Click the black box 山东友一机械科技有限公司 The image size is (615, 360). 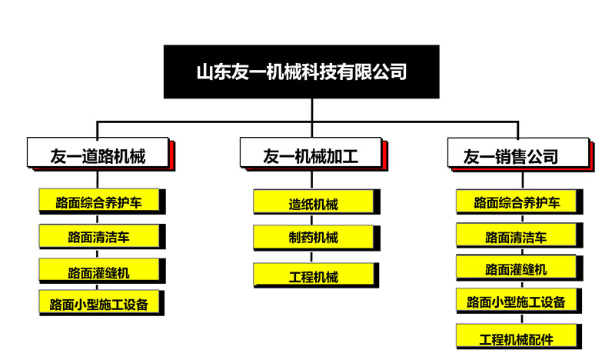301,72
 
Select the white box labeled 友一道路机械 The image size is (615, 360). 98,152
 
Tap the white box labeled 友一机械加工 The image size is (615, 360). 311,152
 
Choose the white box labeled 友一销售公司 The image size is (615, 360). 518,153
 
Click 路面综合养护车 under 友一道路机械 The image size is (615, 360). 99,200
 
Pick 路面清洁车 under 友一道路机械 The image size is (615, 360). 99,235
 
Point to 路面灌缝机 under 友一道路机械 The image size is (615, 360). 99,270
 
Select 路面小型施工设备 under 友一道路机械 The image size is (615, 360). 99,302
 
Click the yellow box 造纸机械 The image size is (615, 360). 314,202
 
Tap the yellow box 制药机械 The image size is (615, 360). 314,237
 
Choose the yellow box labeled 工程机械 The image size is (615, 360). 314,275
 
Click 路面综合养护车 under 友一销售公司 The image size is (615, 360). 517,201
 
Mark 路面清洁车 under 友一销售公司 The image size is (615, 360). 517,235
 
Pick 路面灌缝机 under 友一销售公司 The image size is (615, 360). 517,268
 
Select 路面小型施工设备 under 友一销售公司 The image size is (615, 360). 516,300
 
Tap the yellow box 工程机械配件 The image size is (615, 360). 517,335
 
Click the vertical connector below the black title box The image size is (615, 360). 312,110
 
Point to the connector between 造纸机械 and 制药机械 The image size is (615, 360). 312,220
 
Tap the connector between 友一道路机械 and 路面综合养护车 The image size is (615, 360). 98,179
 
